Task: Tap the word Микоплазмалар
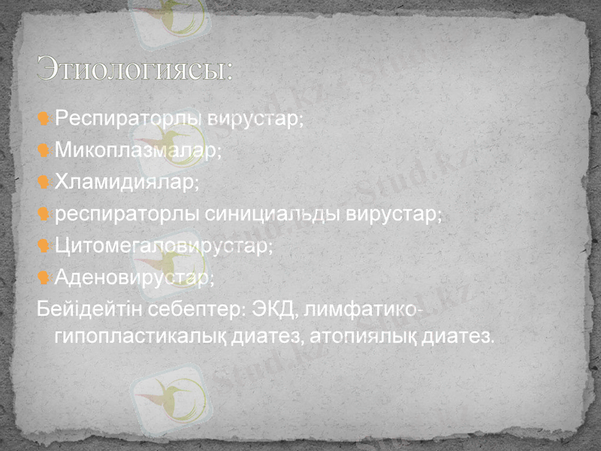click(137, 150)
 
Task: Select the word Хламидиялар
click(125, 183)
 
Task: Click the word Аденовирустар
click(133, 278)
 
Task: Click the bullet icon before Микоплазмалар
click(44, 150)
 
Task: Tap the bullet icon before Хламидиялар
click(44, 183)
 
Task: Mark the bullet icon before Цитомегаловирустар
click(44, 247)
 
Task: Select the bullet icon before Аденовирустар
click(44, 278)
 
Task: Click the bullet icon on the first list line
click(44, 119)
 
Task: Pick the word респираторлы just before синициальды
click(128, 214)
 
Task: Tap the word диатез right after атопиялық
click(461, 337)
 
